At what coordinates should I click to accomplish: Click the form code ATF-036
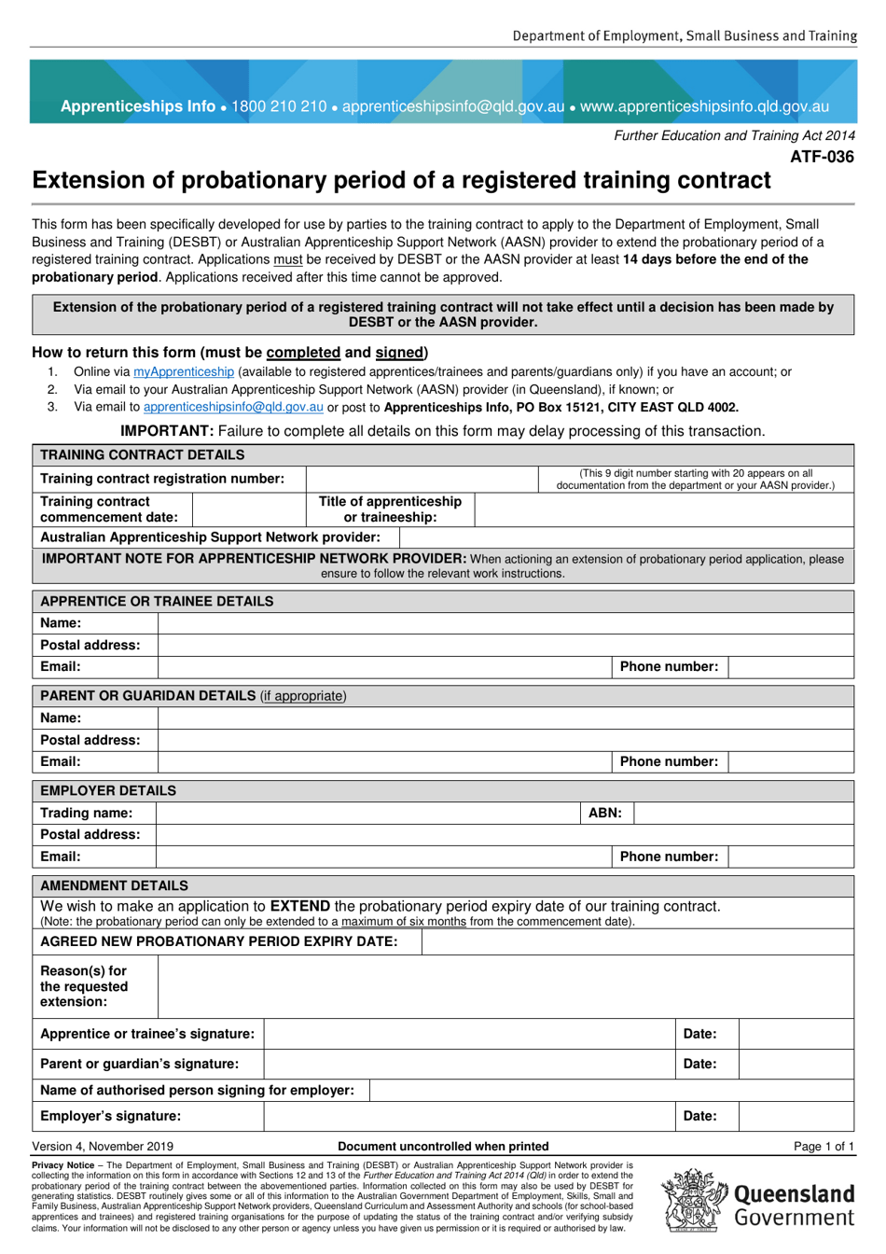(822, 157)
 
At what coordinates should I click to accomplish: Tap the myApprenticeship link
(184, 371)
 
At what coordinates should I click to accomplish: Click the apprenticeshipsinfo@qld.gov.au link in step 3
(233, 407)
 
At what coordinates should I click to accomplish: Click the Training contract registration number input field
(422, 479)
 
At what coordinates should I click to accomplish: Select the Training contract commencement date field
(249, 509)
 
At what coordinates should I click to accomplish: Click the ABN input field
(743, 813)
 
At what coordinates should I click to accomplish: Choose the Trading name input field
(368, 813)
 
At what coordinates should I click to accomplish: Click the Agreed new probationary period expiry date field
(637, 941)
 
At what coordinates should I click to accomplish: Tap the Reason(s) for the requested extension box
(505, 986)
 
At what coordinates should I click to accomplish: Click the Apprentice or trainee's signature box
(469, 1034)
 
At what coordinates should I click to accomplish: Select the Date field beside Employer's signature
(796, 1116)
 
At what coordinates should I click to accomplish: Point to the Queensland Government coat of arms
(695, 1201)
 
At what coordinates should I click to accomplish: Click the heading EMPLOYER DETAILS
(108, 790)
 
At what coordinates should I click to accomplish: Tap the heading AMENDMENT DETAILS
(114, 885)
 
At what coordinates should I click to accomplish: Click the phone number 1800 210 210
(279, 106)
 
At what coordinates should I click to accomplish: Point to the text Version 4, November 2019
(103, 1146)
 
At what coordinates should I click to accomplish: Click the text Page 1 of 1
(824, 1146)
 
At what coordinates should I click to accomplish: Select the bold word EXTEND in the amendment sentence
(299, 906)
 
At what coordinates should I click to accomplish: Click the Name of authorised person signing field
(611, 1090)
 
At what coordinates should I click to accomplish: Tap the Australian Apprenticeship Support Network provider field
(626, 537)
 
